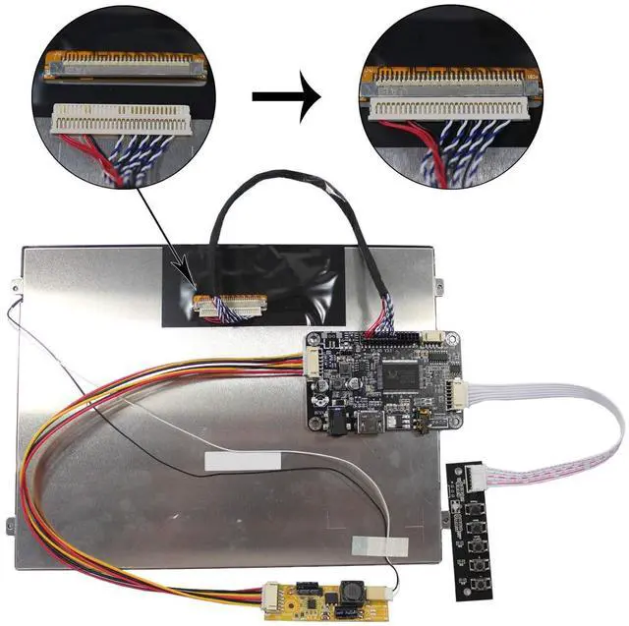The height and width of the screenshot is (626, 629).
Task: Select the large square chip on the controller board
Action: pos(396,372)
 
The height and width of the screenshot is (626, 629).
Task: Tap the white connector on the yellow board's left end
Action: pos(272,594)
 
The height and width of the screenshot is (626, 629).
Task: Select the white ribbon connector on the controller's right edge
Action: pos(458,392)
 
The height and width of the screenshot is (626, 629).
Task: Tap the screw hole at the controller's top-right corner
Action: pos(455,340)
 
